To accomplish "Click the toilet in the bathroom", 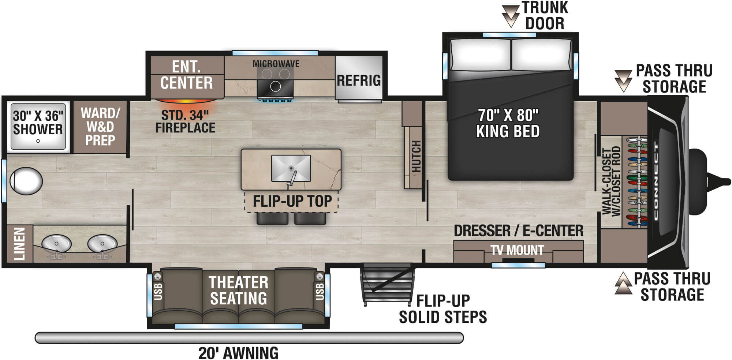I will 26,181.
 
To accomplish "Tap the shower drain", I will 38,141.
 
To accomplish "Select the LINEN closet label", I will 19,244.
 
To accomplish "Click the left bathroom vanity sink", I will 56,243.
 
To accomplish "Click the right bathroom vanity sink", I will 102,243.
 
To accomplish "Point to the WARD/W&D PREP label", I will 100,127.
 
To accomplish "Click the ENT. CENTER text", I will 187,75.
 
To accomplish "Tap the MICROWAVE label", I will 276,64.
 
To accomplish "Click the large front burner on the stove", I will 275,87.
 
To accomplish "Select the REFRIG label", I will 359,80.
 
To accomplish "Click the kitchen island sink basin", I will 291,168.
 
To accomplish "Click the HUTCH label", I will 417,157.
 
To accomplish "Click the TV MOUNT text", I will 517,250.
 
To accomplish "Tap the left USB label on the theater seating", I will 158,292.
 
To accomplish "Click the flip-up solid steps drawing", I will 388,284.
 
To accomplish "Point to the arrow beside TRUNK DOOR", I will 510,15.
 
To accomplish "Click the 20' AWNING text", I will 238,353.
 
